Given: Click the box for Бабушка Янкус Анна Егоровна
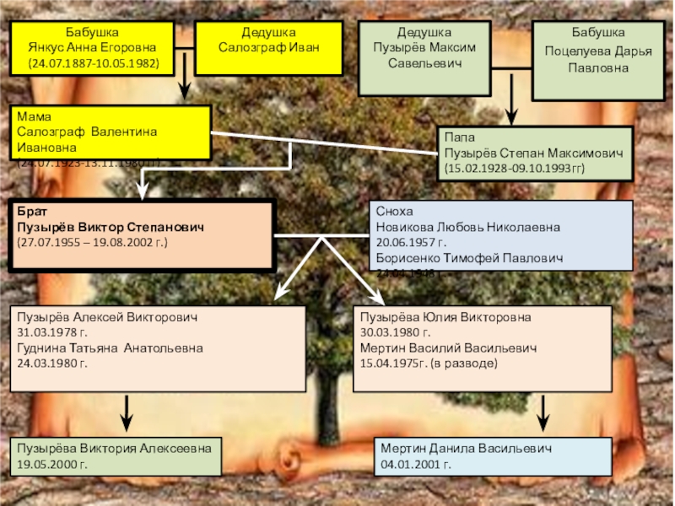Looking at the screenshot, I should (94, 47).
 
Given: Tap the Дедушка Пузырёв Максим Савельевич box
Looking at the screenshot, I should (425, 57).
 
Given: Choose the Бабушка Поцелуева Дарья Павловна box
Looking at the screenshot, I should (598, 57).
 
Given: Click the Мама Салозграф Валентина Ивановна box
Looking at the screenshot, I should (110, 133).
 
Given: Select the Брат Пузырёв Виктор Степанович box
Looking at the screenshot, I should (141, 235).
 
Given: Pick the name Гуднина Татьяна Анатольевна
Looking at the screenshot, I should (111, 348).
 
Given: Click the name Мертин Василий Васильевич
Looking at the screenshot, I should (446, 348).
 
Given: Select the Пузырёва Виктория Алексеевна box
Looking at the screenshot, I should (116, 455).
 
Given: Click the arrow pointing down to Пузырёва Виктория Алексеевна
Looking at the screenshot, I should (127, 413).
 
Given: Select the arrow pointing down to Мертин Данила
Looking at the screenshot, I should (545, 413).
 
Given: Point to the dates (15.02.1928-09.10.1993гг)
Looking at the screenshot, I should (514, 170).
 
